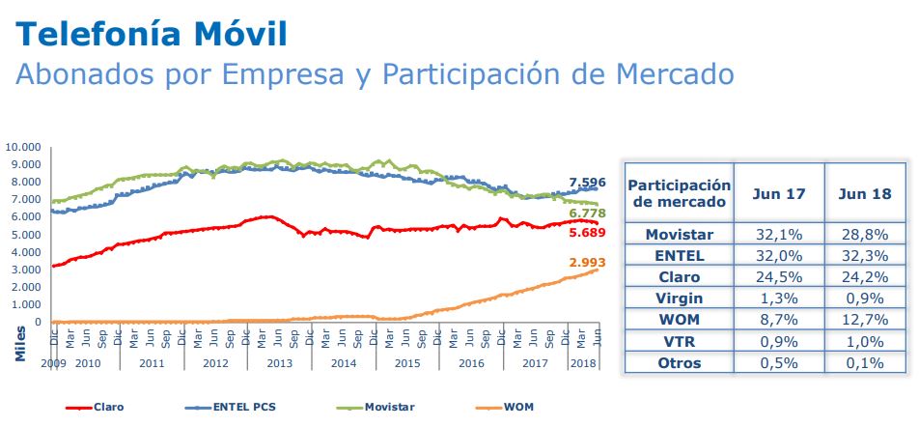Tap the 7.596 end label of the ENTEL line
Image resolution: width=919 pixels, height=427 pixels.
[x=587, y=182]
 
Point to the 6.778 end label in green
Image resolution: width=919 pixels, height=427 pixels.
[x=587, y=213]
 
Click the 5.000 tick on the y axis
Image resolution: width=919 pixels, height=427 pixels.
[x=27, y=235]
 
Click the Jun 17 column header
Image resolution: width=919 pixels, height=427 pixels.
[x=779, y=193]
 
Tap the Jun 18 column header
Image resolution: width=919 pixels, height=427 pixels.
[x=865, y=193]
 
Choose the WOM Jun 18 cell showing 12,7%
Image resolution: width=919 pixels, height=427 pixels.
[x=865, y=320]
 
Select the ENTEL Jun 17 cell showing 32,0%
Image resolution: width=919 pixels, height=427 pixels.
[x=779, y=255]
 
